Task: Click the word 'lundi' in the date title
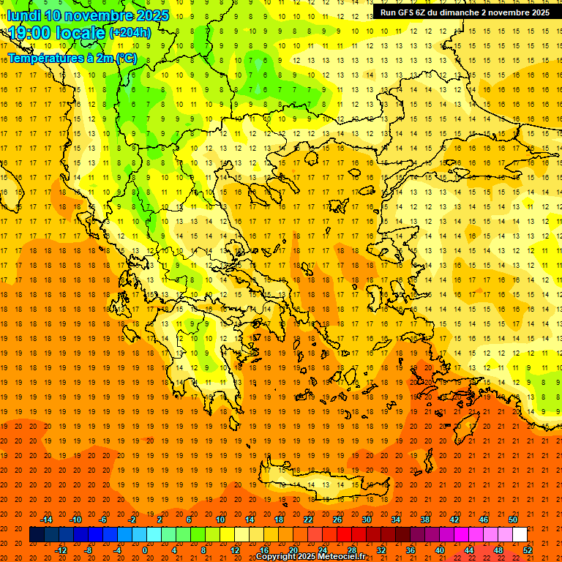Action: (x=24, y=15)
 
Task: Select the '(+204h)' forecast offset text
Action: (x=130, y=33)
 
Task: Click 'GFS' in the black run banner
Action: (x=405, y=12)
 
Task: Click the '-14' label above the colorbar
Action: (x=46, y=520)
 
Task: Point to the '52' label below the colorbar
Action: (x=528, y=550)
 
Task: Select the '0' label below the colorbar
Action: (x=145, y=550)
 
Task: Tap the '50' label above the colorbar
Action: (x=512, y=520)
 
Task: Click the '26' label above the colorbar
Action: (x=337, y=520)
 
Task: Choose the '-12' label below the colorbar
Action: (x=61, y=550)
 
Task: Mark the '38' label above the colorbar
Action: (x=424, y=520)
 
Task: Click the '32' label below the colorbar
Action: (x=381, y=550)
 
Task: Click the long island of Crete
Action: (x=329, y=484)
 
